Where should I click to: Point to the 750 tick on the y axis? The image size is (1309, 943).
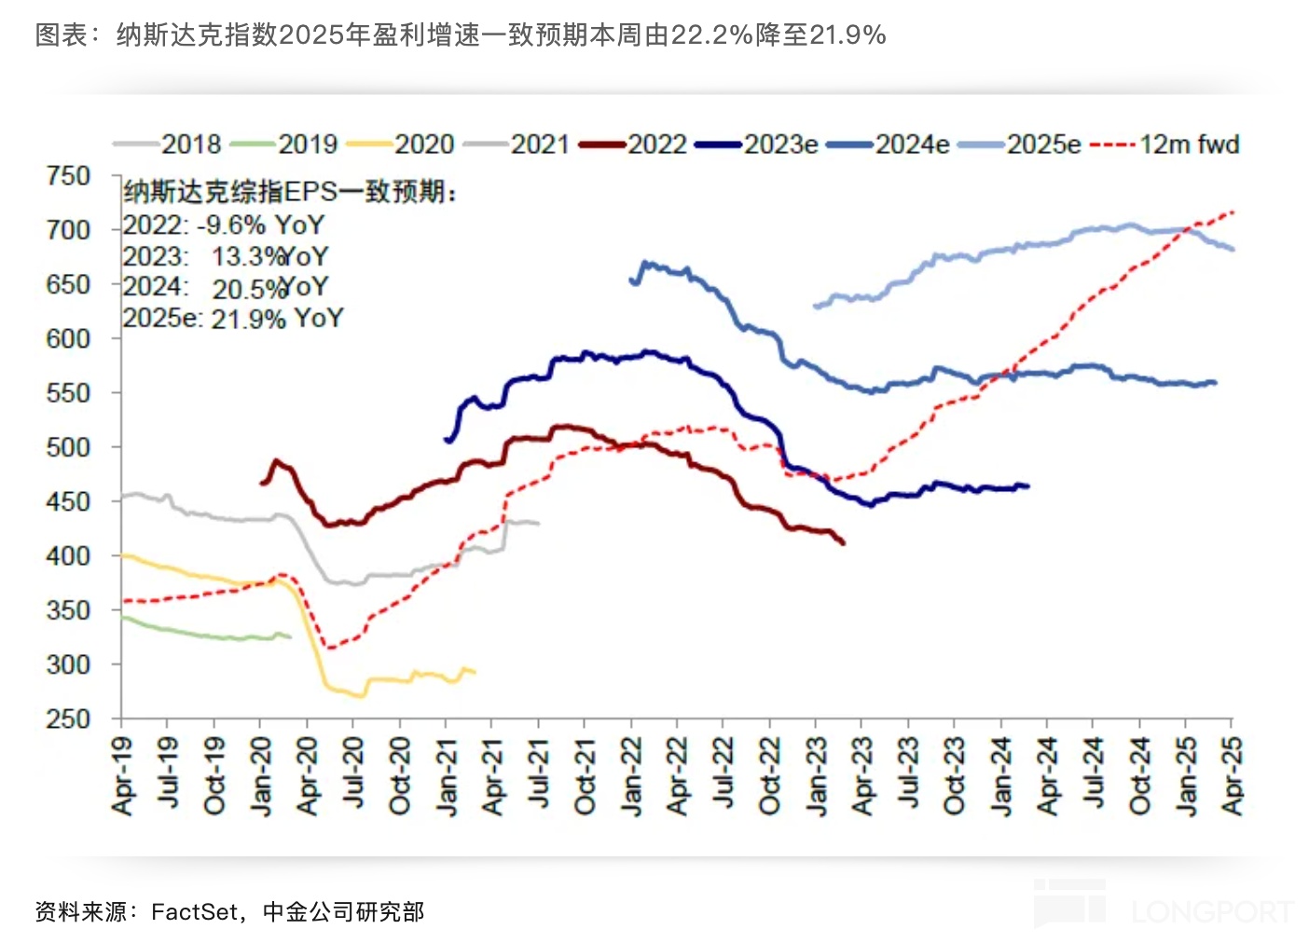click(68, 176)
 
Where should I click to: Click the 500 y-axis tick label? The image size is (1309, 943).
click(68, 447)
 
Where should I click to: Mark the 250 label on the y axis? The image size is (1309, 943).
click(68, 719)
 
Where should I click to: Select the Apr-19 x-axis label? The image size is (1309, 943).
click(122, 775)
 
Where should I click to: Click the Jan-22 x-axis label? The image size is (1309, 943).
click(632, 775)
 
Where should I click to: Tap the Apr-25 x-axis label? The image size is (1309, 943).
click(1232, 775)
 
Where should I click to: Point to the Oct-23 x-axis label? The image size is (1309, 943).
click(954, 775)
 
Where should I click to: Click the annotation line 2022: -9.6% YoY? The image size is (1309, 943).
click(224, 225)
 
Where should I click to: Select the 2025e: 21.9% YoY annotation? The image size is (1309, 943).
click(233, 319)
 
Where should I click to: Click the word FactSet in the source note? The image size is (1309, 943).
click(194, 911)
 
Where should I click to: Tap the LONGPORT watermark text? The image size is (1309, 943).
click(1212, 911)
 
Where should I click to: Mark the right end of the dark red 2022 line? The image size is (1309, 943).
click(844, 542)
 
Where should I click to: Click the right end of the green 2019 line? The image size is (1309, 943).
click(290, 636)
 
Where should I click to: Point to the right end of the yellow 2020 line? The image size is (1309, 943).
click(475, 672)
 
